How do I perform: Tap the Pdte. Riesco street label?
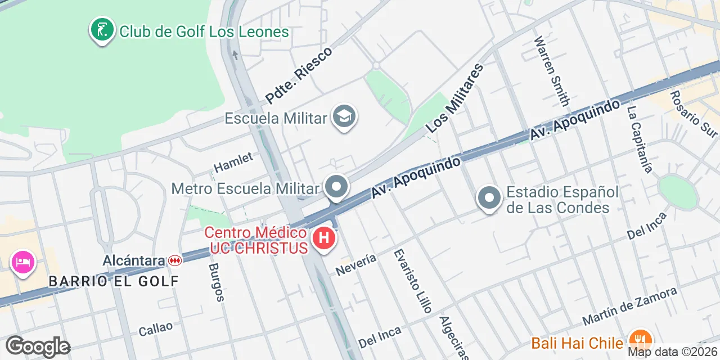coord(299,75)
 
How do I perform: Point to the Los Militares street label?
coord(455,98)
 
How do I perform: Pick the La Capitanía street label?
coord(640,139)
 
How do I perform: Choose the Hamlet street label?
coord(233,163)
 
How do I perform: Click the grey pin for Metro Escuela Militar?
coord(336,187)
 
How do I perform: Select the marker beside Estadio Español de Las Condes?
coord(489,198)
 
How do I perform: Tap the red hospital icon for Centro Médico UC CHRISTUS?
coord(323,238)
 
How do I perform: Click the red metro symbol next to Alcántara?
coord(175,260)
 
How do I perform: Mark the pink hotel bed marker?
coord(22,262)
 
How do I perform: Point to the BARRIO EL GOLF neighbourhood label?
coord(114,281)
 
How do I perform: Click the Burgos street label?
coord(217,282)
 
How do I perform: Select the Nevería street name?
coord(355,265)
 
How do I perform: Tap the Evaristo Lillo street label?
coord(413,281)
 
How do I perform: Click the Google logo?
coord(38,346)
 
